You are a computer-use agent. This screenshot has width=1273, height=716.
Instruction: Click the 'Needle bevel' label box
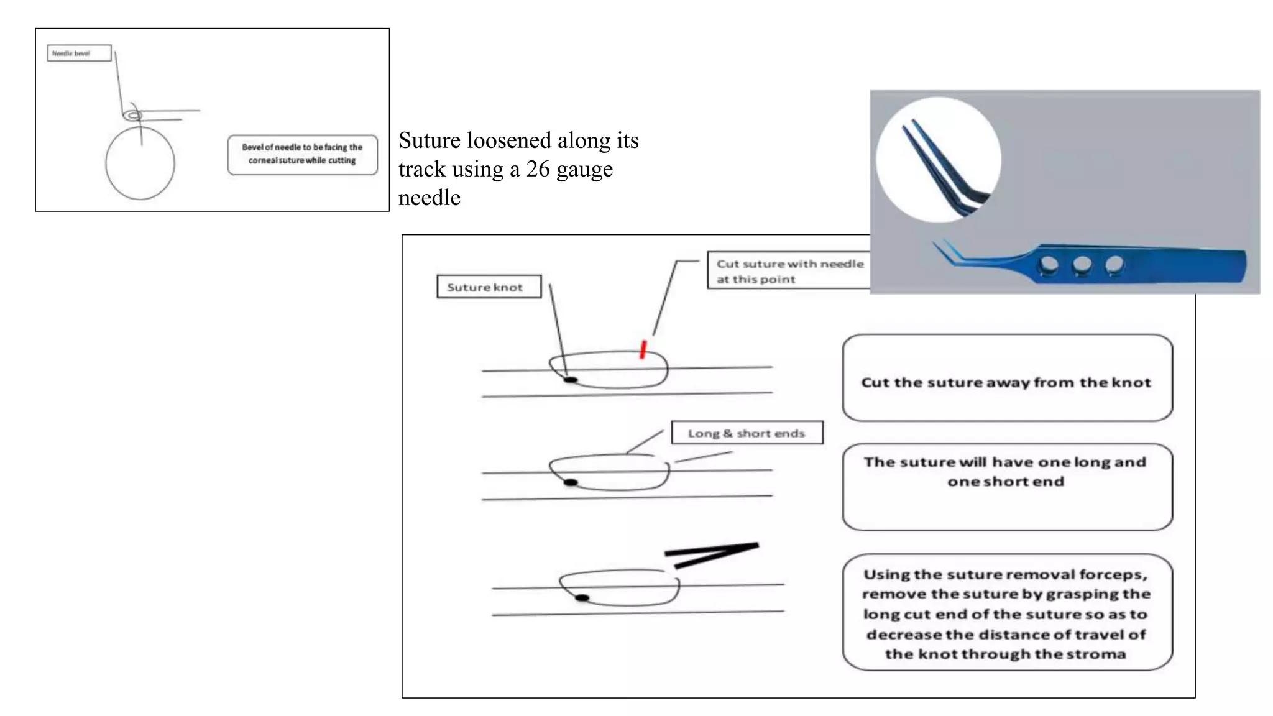coord(79,53)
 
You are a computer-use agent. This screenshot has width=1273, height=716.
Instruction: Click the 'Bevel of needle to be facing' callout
coord(302,154)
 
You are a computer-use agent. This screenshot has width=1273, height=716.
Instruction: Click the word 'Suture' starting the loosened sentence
coord(430,140)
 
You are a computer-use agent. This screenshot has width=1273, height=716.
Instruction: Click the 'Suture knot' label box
coord(489,287)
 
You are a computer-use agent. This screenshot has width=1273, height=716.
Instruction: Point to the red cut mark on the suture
coord(643,349)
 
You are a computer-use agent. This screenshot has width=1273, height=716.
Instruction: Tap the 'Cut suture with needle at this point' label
coord(788,271)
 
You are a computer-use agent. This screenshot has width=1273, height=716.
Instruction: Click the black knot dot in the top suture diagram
coord(570,379)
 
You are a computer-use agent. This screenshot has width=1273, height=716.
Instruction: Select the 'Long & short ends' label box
coord(747,433)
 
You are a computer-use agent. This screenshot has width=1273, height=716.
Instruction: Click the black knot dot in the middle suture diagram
coord(570,482)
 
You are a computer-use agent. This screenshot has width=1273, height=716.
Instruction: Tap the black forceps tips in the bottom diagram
coord(712,555)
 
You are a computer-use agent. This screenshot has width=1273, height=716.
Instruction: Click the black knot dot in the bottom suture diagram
coord(582,598)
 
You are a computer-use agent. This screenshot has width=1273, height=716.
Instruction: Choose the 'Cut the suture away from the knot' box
coord(1006,382)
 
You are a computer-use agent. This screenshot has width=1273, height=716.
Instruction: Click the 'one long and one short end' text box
coord(1006,472)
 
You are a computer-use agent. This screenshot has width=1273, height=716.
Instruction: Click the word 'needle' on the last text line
coord(430,198)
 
